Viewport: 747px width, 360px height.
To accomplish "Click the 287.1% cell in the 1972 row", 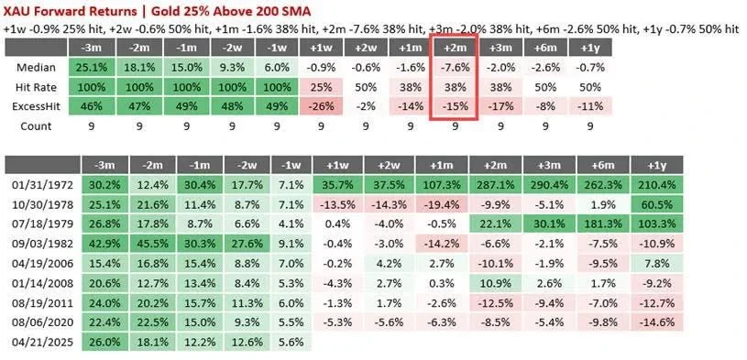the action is pos(496,185).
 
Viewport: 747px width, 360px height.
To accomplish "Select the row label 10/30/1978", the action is pos(43,205).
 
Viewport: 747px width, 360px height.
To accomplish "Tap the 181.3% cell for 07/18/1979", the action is pos(603,224).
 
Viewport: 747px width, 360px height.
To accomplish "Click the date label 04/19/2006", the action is pos(43,263).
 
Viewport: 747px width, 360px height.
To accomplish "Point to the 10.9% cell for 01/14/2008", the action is pos(496,283).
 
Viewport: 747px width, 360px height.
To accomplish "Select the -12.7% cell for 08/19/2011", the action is pos(657,302).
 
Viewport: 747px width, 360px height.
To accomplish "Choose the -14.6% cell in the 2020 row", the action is pos(657,322).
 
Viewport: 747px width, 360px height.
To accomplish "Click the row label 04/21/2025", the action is pos(43,342).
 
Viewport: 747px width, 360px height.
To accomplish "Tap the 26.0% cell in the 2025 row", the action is pos(104,342).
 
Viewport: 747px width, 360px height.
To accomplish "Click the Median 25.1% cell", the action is pos(91,67).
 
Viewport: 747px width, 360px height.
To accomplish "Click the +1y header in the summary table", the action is pos(589,48).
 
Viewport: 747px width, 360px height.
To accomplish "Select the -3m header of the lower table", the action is pos(104,165).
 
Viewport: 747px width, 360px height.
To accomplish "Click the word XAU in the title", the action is pos(16,10).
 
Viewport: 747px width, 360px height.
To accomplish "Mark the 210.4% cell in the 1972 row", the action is pos(657,185).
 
